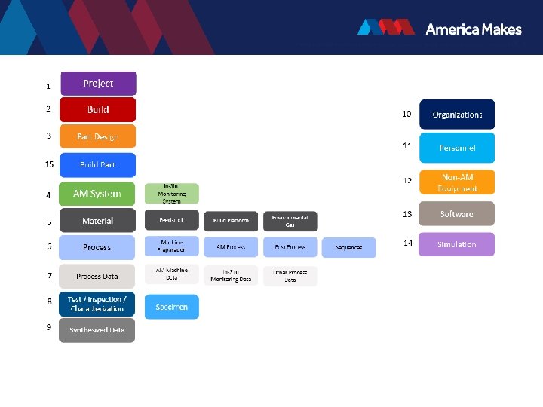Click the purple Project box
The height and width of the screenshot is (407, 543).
click(x=98, y=84)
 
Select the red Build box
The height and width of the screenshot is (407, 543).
click(x=98, y=110)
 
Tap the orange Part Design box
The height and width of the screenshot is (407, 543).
click(x=98, y=136)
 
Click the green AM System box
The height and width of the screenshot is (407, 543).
click(x=97, y=194)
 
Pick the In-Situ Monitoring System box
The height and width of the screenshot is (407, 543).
click(x=172, y=194)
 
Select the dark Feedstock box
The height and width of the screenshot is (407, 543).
click(x=172, y=220)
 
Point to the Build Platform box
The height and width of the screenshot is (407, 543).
click(x=231, y=221)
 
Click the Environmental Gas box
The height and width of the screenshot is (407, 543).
click(x=290, y=221)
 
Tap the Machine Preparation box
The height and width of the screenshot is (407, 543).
click(x=172, y=246)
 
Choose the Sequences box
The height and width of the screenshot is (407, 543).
click(x=349, y=247)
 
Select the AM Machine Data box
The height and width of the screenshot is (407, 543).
click(x=172, y=275)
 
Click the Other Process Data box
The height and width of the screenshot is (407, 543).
click(x=290, y=275)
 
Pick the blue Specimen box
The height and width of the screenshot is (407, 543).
click(x=172, y=307)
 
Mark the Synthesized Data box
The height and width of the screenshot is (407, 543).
click(x=97, y=330)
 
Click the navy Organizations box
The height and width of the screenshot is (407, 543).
click(x=457, y=115)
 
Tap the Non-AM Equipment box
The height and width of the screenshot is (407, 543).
click(x=457, y=182)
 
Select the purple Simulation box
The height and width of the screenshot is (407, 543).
click(x=457, y=244)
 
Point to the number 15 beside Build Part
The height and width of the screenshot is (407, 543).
click(x=49, y=164)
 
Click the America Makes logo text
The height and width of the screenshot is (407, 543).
click(x=474, y=29)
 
